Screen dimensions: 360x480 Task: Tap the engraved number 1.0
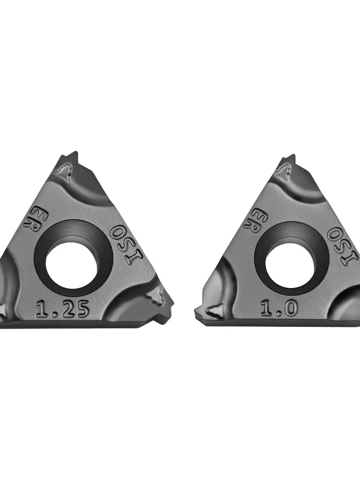tap(279, 309)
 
